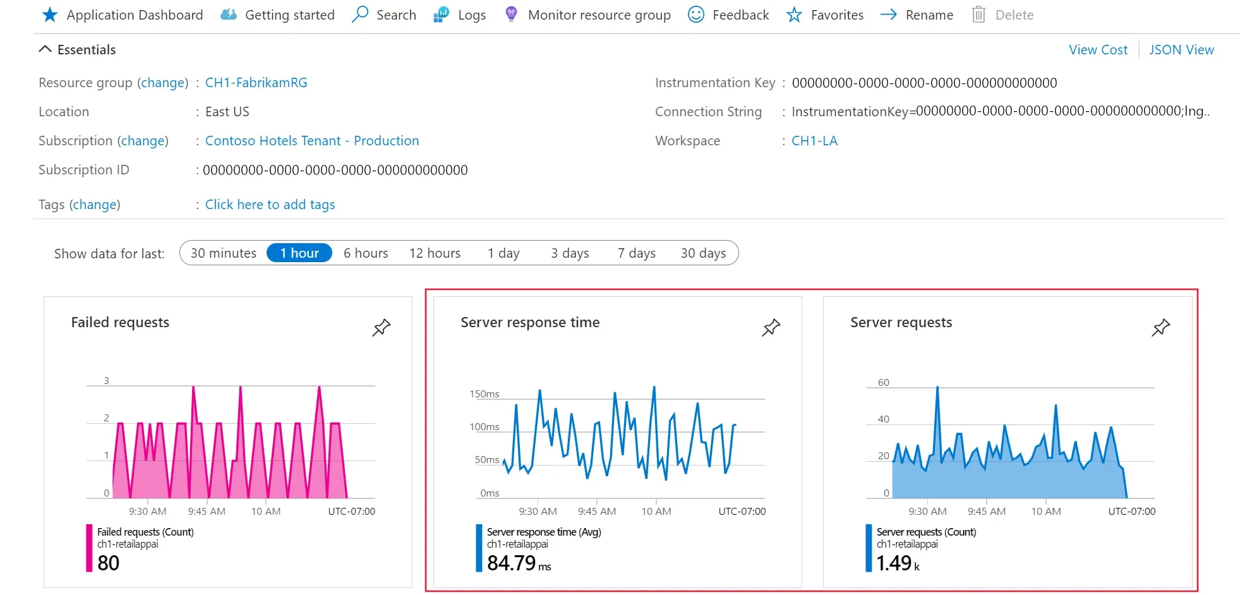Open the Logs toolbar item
pos(460,15)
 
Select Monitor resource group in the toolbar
pos(588,15)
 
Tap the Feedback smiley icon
pos(696,15)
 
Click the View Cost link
pos(1098,50)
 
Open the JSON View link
pos(1181,50)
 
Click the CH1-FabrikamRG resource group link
pos(256,83)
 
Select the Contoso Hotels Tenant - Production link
pos(312,141)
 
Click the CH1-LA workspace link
pos(814,141)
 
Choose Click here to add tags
pos(270,205)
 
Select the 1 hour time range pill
pos(299,253)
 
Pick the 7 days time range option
pos(636,253)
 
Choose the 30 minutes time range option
pos(224,253)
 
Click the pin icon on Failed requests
pos(382,327)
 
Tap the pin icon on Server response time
pos(771,327)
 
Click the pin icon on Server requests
pos(1161,327)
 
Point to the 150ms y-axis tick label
pos(484,394)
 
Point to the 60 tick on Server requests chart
pos(883,383)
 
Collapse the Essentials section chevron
pos(45,49)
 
